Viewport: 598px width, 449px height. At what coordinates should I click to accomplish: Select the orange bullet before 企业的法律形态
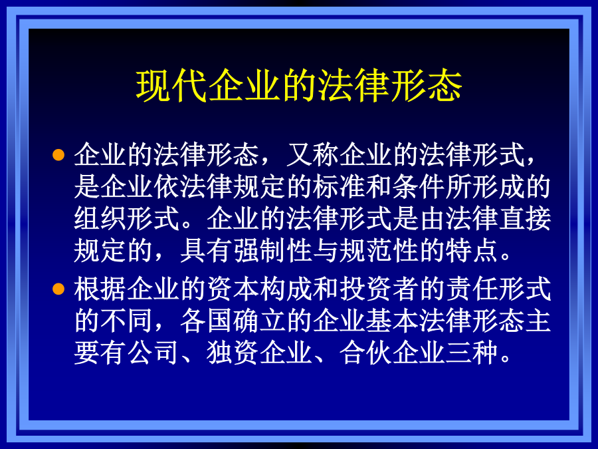point(58,154)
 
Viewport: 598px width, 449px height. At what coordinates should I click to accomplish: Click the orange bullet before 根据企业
point(58,289)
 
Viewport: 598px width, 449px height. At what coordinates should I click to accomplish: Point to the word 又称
point(313,155)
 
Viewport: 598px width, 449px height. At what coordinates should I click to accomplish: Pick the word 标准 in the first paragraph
point(339,187)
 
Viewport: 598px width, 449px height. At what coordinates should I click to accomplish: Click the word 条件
point(419,187)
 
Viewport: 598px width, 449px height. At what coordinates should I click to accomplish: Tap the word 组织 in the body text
point(100,219)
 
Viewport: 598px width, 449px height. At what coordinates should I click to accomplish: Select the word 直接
point(525,219)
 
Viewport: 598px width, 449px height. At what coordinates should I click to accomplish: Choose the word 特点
point(472,251)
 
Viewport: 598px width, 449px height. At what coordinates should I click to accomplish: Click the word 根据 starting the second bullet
point(100,289)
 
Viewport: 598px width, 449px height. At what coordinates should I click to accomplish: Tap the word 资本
point(233,289)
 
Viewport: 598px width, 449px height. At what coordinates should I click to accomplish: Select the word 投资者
point(379,289)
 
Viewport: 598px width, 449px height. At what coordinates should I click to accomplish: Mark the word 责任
point(472,289)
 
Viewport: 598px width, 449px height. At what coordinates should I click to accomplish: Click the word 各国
point(207,321)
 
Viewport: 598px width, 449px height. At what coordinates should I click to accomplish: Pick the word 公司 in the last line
point(153,353)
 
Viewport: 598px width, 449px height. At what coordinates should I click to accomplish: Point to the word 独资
point(233,353)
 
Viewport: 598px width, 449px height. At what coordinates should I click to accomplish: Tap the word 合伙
point(365,353)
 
